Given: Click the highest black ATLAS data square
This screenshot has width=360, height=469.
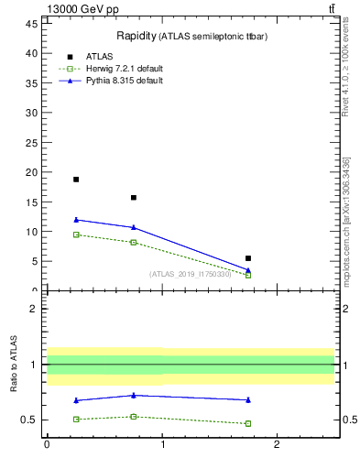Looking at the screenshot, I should pyautogui.click(x=76, y=180).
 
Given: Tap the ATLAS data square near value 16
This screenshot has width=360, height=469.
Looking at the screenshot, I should pyautogui.click(x=134, y=197).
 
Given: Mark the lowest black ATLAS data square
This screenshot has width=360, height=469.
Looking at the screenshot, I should pyautogui.click(x=248, y=258).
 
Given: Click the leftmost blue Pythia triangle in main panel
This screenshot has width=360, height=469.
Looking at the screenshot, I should pyautogui.click(x=76, y=220).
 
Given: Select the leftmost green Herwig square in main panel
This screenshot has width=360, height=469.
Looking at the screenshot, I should pyautogui.click(x=76, y=234).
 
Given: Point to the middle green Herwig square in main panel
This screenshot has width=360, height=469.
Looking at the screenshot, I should pyautogui.click(x=134, y=242).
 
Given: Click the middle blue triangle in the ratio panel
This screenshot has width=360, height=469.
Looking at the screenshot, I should pyautogui.click(x=134, y=396).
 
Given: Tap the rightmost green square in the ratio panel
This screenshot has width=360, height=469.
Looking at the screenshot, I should pyautogui.click(x=248, y=423).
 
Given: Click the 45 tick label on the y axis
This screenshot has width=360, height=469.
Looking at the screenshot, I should pyautogui.click(x=32, y=24).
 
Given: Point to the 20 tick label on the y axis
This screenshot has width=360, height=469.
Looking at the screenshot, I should pyautogui.click(x=32, y=172).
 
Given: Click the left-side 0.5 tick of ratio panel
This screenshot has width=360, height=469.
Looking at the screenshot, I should pyautogui.click(x=30, y=420).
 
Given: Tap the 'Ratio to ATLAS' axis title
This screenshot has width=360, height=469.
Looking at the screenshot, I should pyautogui.click(x=15, y=365).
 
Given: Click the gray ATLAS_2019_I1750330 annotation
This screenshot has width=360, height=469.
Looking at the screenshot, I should pyautogui.click(x=190, y=274).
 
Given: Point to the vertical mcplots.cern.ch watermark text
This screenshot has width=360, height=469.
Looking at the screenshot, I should pyautogui.click(x=345, y=220).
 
